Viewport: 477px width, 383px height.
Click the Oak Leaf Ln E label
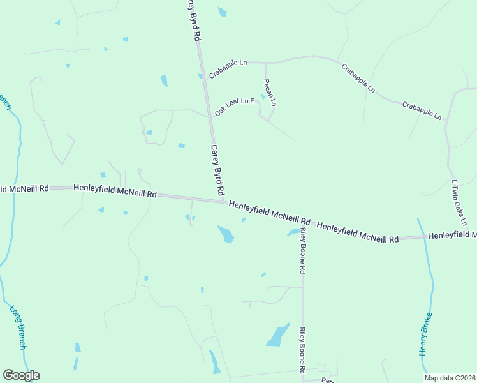click(x=235, y=106)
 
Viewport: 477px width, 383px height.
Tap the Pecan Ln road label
click(x=270, y=93)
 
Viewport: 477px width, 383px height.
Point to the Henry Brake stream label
click(x=426, y=334)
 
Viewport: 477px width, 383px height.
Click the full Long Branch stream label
click(x=18, y=327)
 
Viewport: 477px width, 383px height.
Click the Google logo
click(x=21, y=375)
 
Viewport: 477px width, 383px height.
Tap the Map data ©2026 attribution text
click(x=450, y=377)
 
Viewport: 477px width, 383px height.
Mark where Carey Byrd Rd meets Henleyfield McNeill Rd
click(x=223, y=201)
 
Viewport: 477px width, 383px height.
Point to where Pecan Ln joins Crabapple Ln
click(x=265, y=63)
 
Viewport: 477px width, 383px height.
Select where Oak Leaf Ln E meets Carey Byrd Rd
click(x=210, y=117)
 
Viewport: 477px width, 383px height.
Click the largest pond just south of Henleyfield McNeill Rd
click(x=226, y=234)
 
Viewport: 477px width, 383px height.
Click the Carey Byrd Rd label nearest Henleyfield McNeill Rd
click(x=217, y=169)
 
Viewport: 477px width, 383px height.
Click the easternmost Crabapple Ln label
click(x=422, y=110)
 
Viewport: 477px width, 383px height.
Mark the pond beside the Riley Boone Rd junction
click(x=293, y=232)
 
